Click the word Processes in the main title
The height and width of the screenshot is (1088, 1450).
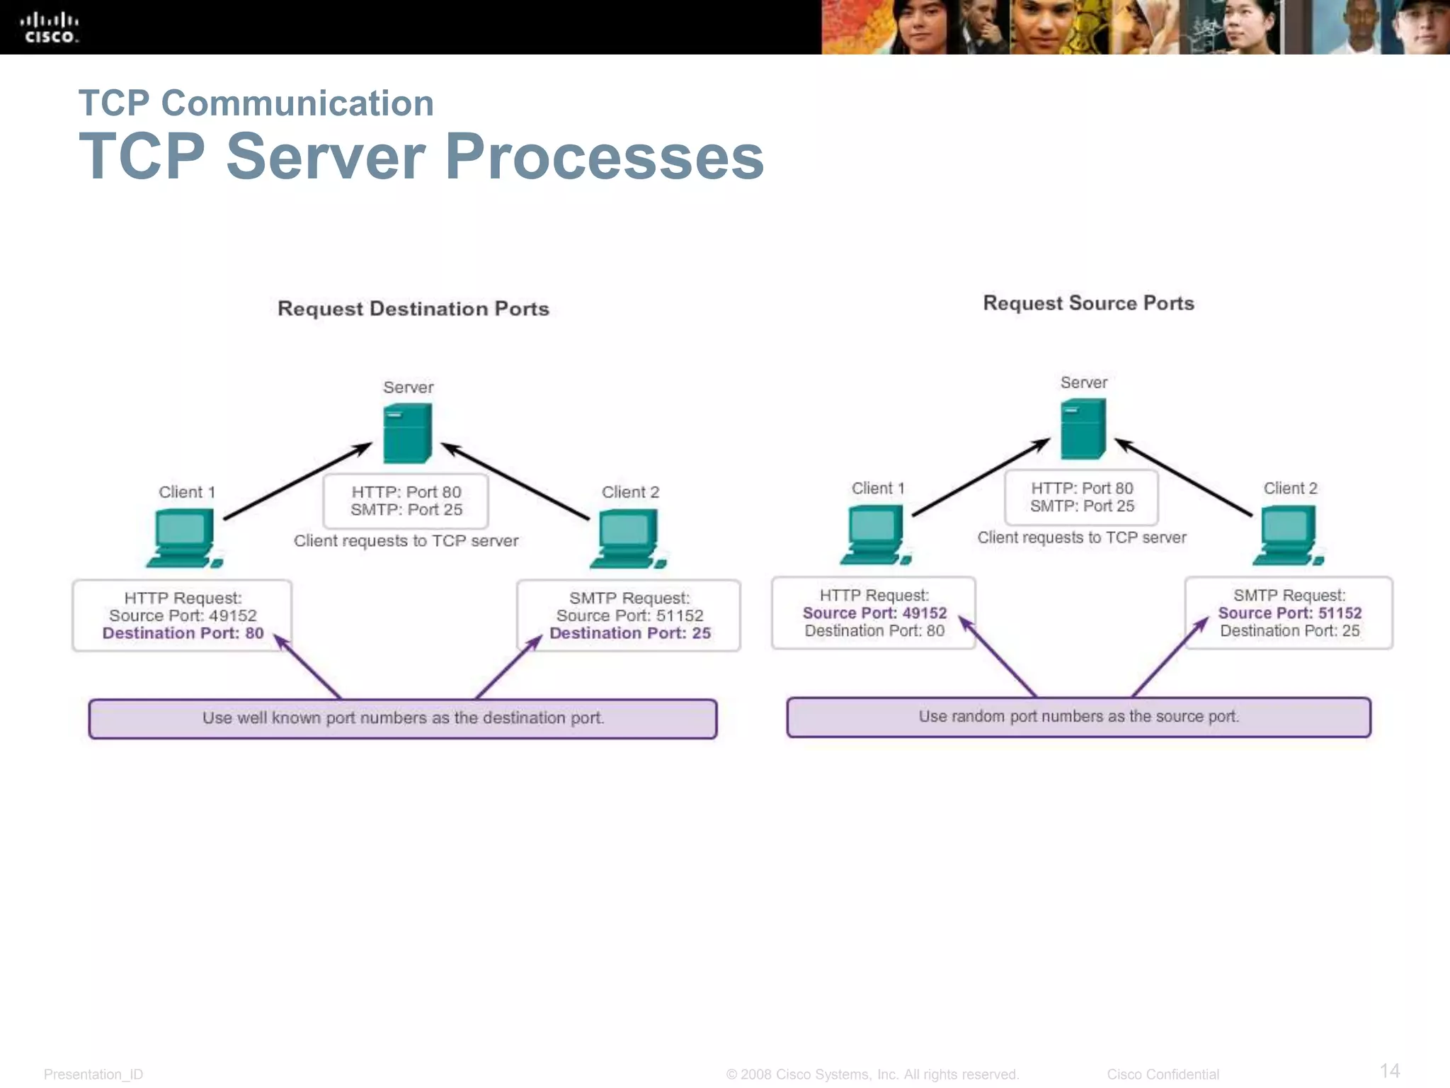point(605,157)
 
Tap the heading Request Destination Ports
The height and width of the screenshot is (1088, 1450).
point(413,309)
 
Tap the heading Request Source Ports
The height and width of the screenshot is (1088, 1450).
point(1088,303)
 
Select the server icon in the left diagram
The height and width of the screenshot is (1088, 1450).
point(407,433)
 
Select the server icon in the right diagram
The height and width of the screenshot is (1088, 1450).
point(1083,429)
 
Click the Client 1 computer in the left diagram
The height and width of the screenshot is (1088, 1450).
point(183,539)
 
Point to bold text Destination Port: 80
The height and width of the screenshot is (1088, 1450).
point(183,633)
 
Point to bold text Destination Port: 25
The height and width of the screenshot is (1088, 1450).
point(629,633)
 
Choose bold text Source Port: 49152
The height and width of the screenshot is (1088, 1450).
point(874,613)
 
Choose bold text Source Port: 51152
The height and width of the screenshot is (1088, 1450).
point(1289,613)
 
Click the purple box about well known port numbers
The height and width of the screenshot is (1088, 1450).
point(402,718)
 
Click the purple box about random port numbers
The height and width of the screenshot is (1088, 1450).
point(1078,717)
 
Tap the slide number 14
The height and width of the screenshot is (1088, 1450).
point(1389,1070)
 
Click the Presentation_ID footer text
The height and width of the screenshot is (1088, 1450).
point(93,1075)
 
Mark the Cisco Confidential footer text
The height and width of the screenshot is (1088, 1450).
point(1163,1075)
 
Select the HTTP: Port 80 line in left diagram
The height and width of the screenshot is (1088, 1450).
point(406,492)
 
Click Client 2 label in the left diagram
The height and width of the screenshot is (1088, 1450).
point(630,492)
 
